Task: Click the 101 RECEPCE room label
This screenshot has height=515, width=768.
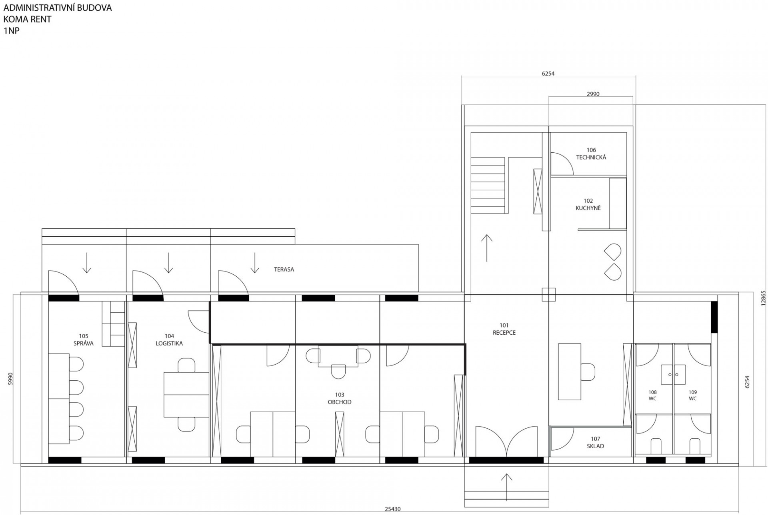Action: point(504,329)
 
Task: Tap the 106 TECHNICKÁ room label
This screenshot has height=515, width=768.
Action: point(591,154)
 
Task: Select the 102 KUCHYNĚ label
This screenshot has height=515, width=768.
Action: point(588,205)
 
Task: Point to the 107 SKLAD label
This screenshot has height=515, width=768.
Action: point(596,443)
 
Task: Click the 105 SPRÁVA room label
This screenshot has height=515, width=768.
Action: point(84,340)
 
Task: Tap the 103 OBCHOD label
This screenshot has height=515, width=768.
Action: point(340,399)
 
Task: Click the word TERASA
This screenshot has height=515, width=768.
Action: point(284,269)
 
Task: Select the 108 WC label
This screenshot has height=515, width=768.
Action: point(653,395)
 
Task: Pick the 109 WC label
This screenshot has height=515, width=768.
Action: point(693,395)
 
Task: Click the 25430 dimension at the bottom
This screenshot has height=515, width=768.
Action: point(392,509)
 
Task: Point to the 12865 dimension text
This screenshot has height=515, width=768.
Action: point(763,298)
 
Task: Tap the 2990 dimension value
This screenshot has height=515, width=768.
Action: point(593,94)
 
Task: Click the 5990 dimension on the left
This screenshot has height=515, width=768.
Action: point(11,379)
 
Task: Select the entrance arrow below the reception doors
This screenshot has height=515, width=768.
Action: point(507,487)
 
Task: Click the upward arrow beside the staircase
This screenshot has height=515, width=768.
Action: point(487,248)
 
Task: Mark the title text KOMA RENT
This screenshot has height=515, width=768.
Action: point(27,19)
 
